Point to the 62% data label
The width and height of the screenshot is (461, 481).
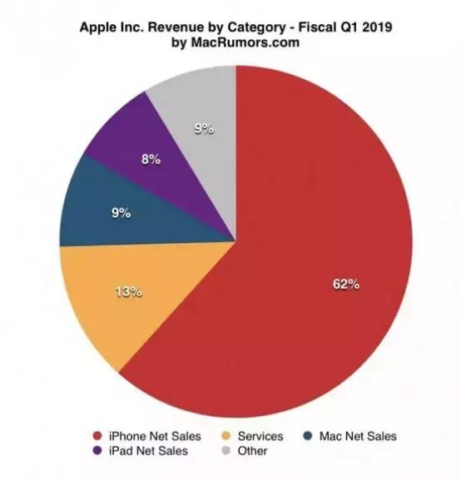(x=346, y=285)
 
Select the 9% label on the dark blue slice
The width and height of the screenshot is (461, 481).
(x=121, y=213)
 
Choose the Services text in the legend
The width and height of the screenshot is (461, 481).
(x=260, y=435)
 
